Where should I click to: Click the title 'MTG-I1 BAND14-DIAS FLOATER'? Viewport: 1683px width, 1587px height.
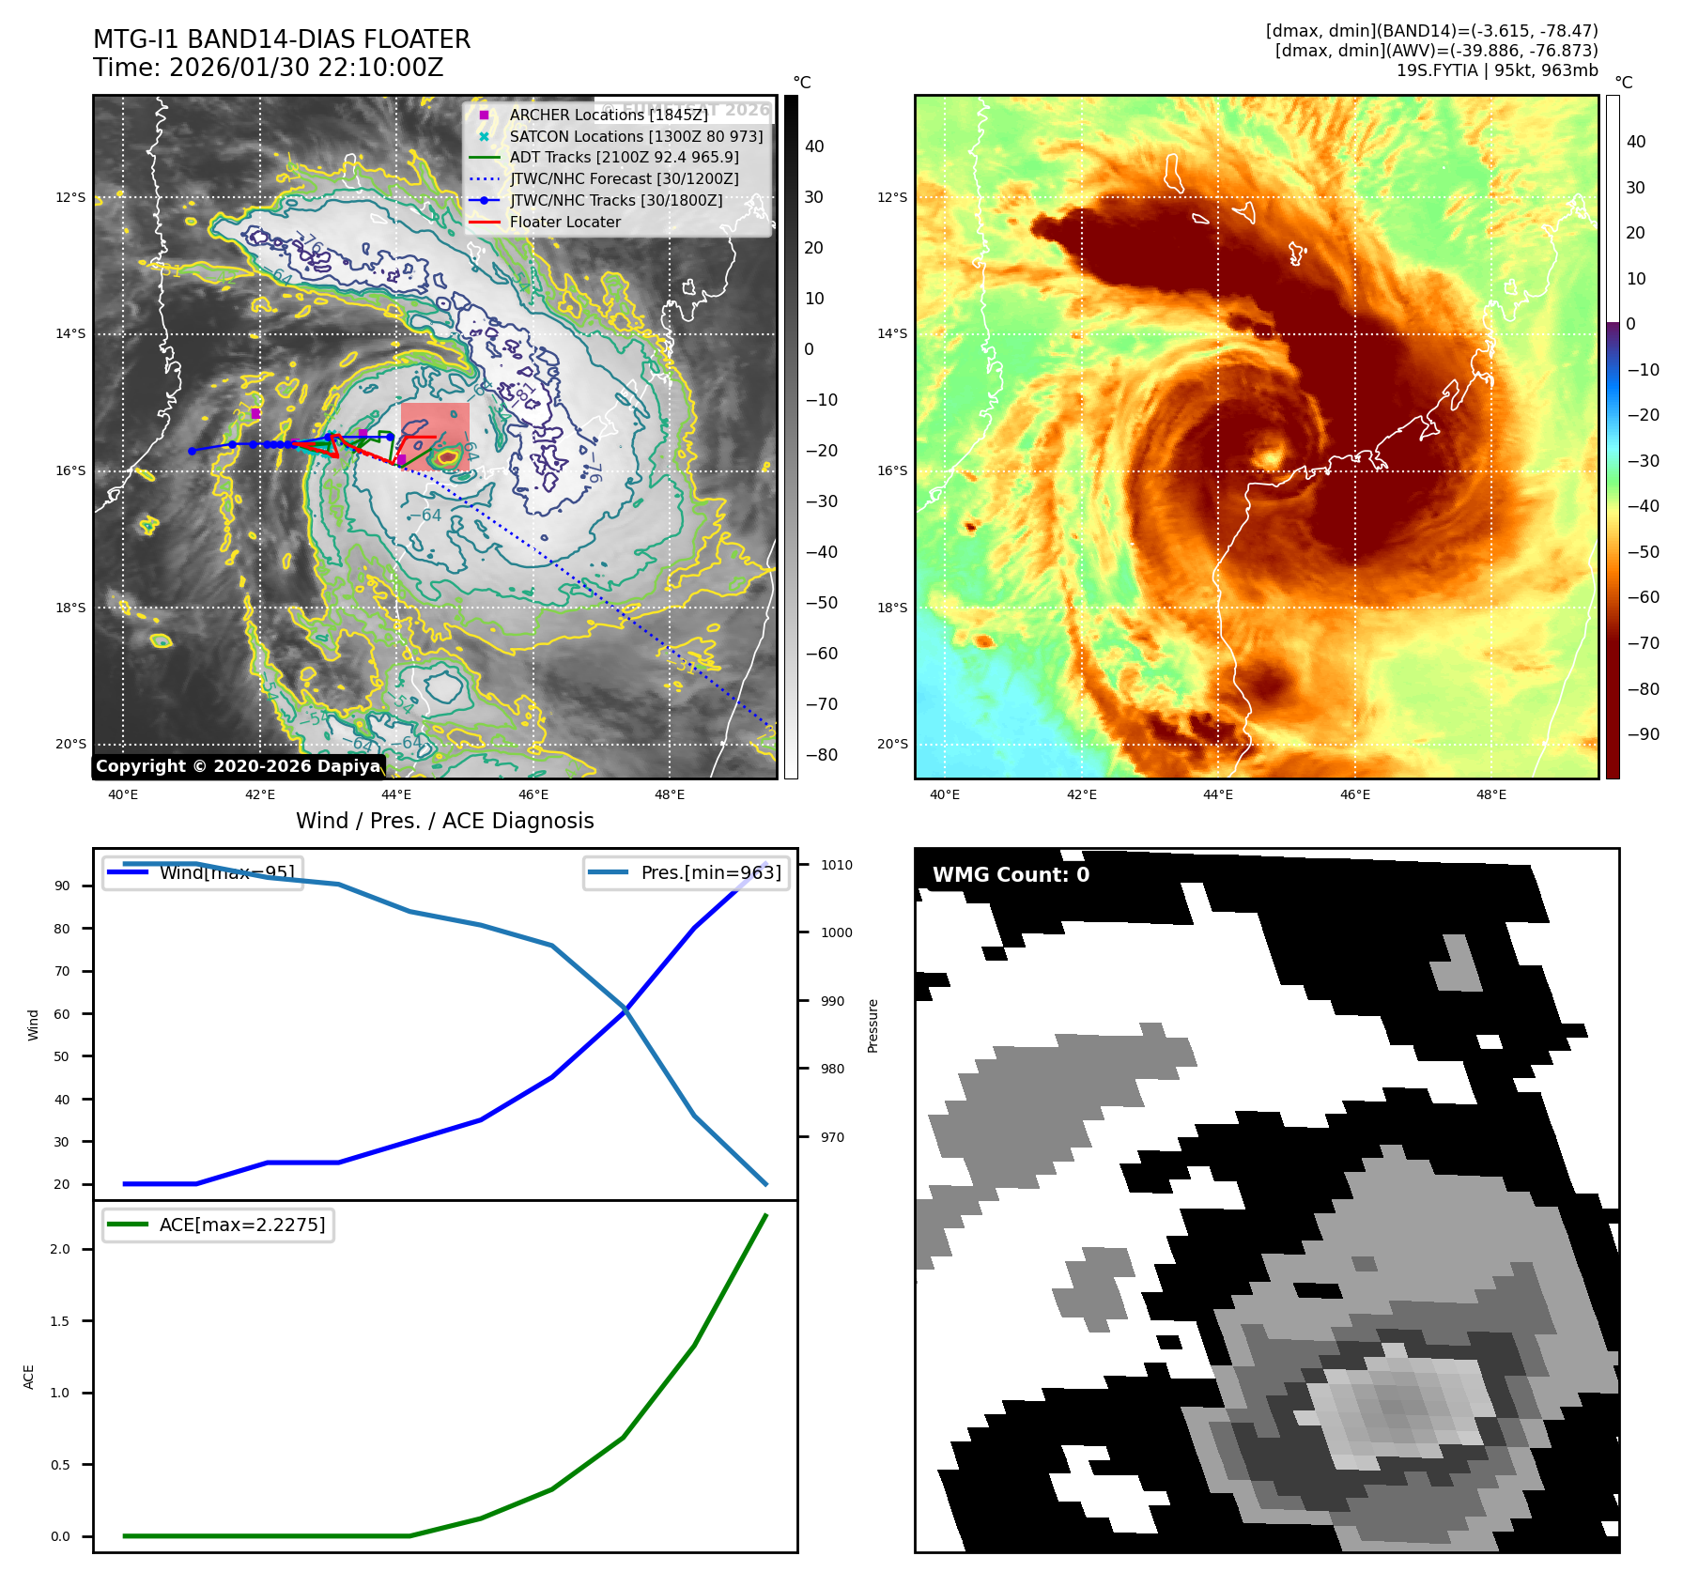[282, 39]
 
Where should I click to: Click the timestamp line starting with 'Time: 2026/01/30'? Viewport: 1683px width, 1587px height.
[268, 68]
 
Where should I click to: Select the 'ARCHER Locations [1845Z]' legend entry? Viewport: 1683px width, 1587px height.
[609, 115]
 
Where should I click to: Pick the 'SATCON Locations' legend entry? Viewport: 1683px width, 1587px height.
[636, 136]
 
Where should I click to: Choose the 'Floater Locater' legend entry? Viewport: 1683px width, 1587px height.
[564, 222]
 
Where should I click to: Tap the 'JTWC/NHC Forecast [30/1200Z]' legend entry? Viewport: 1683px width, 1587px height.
[624, 178]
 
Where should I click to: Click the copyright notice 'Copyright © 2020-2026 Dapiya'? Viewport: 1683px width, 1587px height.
[239, 766]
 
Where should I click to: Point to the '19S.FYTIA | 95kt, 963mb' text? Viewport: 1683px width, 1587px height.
[1497, 70]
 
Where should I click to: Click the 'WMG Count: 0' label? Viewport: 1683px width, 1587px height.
[1011, 875]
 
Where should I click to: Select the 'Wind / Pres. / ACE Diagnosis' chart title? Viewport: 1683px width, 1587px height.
[445, 821]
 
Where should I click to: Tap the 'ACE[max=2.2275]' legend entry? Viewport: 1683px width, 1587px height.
[242, 1225]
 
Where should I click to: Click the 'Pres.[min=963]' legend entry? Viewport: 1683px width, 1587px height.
[711, 872]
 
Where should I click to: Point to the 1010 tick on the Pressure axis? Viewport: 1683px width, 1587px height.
[836, 865]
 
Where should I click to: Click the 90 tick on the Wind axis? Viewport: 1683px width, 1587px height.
[62, 886]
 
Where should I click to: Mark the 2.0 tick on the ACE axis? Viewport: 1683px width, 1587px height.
[60, 1249]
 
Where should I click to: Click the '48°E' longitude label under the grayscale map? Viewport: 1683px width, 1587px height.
[669, 794]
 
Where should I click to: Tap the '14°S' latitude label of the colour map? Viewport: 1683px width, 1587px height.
[892, 333]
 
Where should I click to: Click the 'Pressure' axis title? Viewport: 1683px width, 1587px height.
[873, 1025]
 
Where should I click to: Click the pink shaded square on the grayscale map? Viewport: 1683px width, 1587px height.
[435, 436]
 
